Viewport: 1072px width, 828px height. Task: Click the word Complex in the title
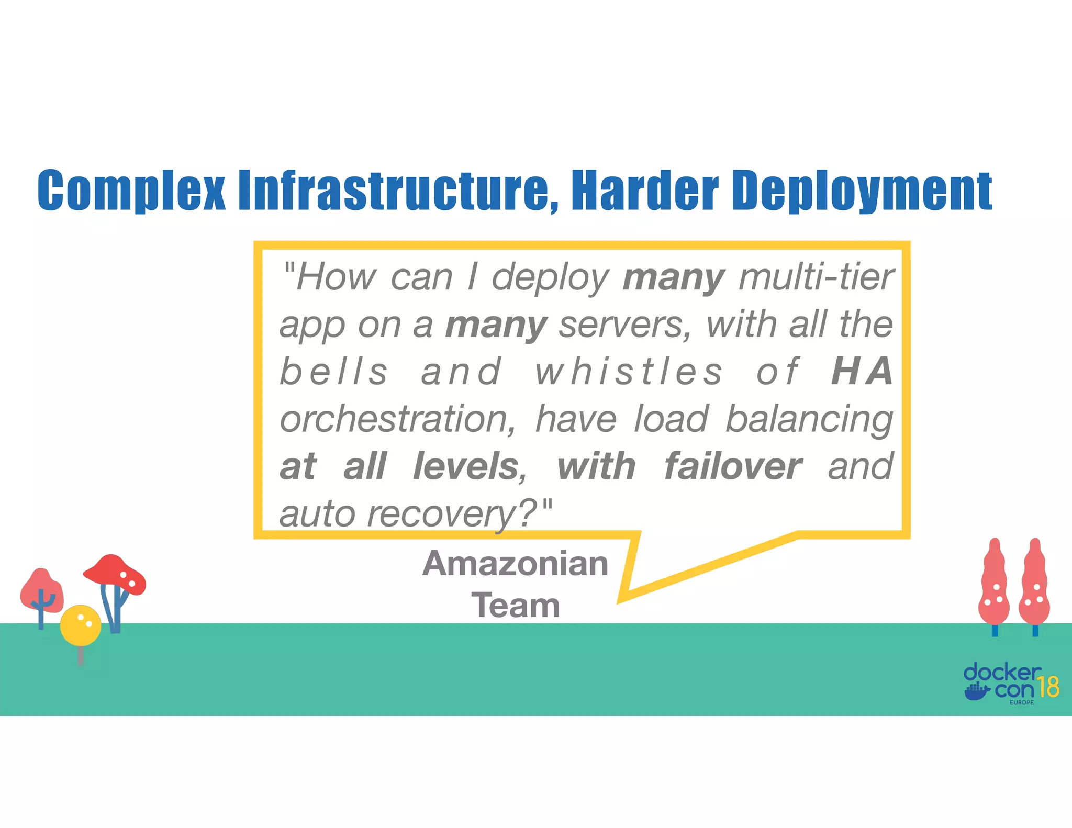[x=131, y=191]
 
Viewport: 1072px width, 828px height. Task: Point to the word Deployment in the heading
[x=862, y=191]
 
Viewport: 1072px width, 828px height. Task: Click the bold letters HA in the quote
[x=862, y=372]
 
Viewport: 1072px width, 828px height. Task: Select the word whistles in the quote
[x=628, y=372]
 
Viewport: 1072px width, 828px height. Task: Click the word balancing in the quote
[x=809, y=420]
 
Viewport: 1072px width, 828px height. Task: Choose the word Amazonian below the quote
[x=515, y=564]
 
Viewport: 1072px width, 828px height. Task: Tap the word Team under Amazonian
[x=515, y=606]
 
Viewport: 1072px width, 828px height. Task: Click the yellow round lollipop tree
[x=80, y=625]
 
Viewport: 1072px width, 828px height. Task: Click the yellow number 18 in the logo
[x=1048, y=687]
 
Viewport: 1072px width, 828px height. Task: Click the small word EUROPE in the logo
[x=1021, y=702]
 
